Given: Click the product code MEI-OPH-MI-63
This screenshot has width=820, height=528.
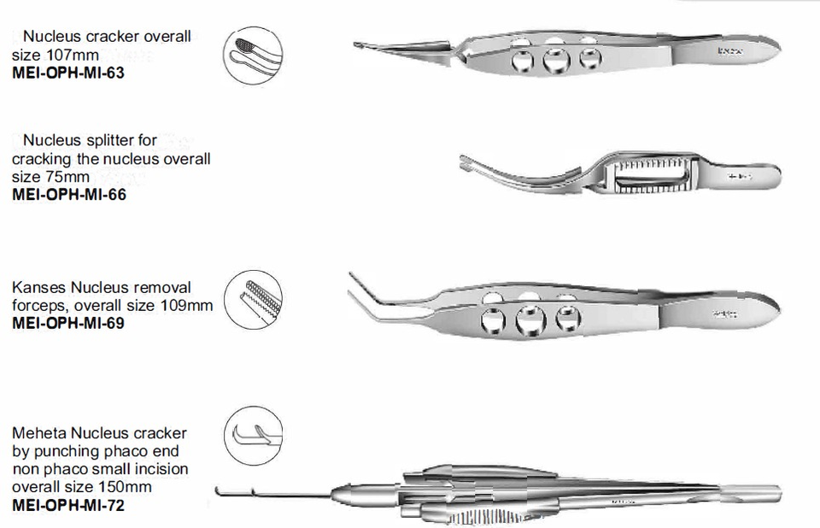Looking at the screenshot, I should click(x=68, y=73).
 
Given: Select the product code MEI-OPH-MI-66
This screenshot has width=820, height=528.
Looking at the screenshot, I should click(x=68, y=194).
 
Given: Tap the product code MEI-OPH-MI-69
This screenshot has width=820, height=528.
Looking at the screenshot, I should click(x=68, y=324).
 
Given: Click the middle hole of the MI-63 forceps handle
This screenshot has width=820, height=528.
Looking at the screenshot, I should click(x=556, y=61).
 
